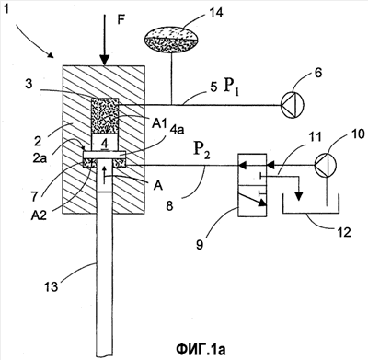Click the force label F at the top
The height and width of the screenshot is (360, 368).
[x=121, y=20]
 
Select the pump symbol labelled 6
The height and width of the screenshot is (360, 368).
[x=292, y=105]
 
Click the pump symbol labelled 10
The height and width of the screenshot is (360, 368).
[x=326, y=166]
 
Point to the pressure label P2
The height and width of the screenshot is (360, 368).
[x=201, y=150]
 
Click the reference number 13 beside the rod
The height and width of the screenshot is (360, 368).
[x=51, y=286]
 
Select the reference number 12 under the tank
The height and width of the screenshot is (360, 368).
[x=344, y=232]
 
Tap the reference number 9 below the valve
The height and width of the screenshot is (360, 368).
[x=200, y=245]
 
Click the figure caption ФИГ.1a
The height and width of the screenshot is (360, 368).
[x=201, y=349]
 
